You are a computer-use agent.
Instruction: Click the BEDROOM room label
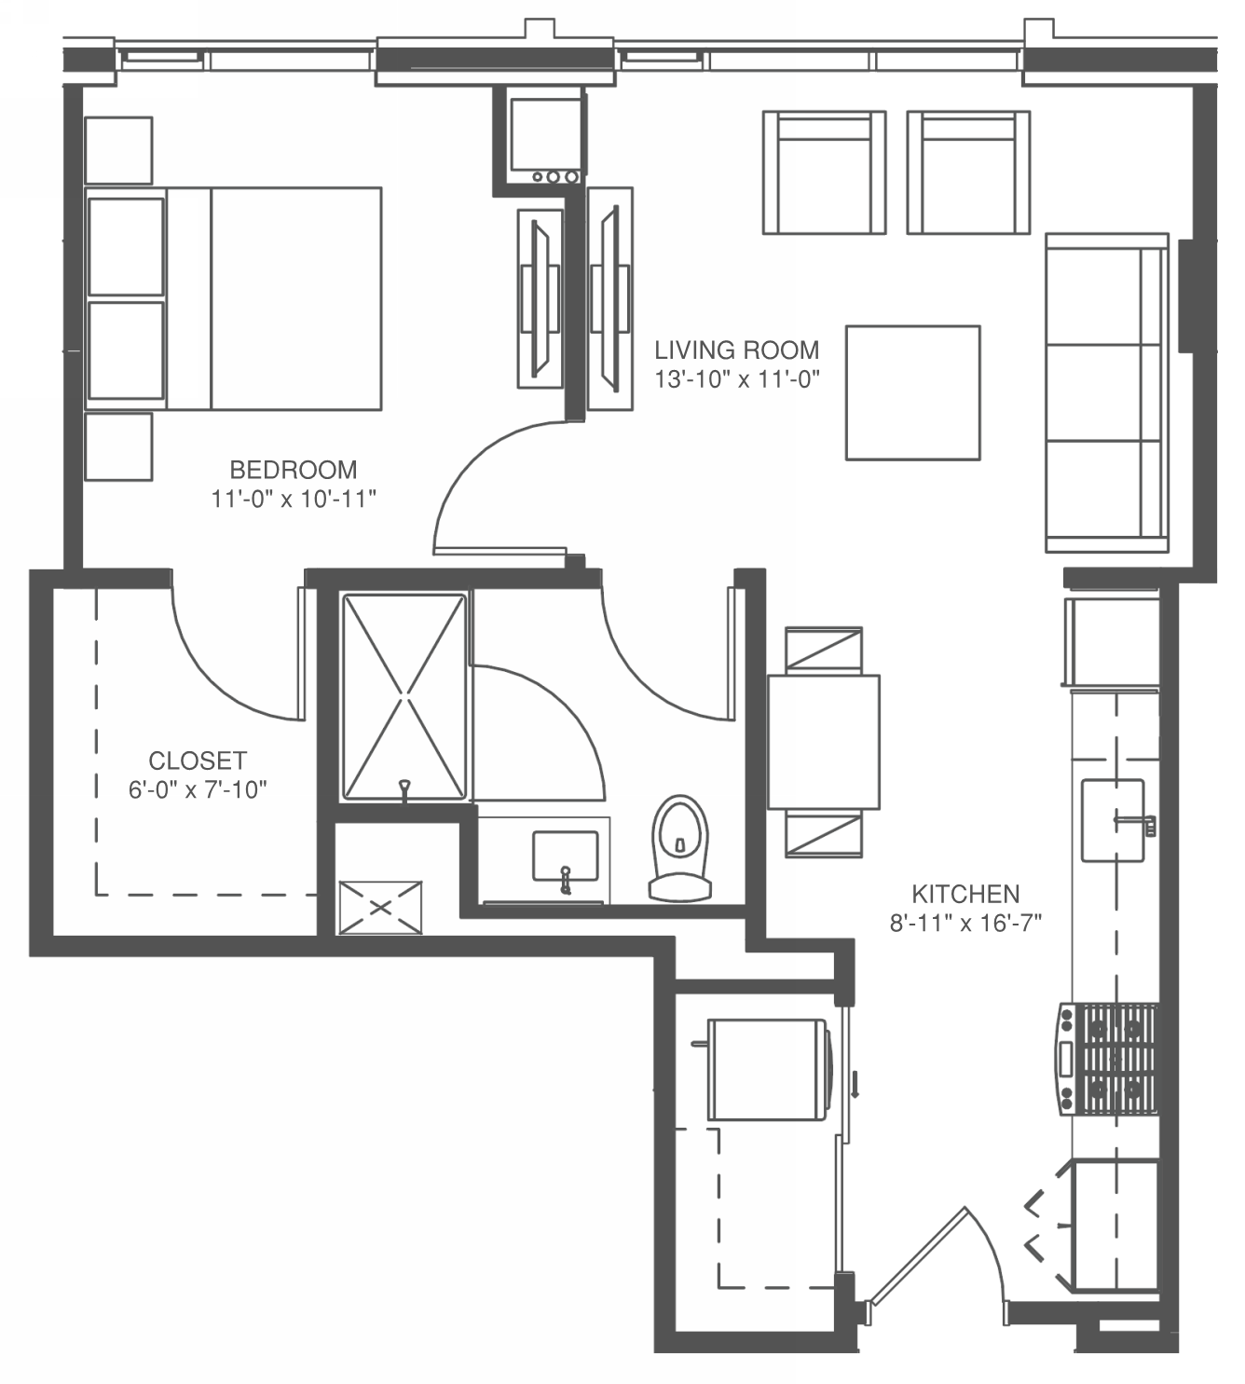click(x=293, y=469)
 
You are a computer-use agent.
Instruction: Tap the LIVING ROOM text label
click(x=736, y=350)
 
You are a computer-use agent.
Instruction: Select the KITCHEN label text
click(x=965, y=894)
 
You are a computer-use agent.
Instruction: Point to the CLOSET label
click(x=198, y=761)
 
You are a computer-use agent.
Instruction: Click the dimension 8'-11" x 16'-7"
click(x=965, y=923)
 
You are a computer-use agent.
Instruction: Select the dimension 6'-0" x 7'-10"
click(x=198, y=790)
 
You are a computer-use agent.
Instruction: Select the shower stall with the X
click(x=404, y=697)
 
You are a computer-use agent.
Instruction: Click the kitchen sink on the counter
click(x=1112, y=820)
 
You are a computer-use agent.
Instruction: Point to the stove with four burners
click(x=1109, y=1059)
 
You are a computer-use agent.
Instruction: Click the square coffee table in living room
click(x=912, y=392)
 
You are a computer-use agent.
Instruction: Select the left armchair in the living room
click(x=824, y=172)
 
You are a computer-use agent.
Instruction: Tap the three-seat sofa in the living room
click(x=1106, y=392)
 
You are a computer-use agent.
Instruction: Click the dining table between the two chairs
click(x=823, y=742)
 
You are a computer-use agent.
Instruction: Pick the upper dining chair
click(x=823, y=650)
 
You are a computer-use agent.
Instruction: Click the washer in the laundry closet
click(x=768, y=1069)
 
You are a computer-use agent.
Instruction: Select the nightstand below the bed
click(x=118, y=447)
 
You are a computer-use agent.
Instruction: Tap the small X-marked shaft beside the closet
click(x=380, y=908)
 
